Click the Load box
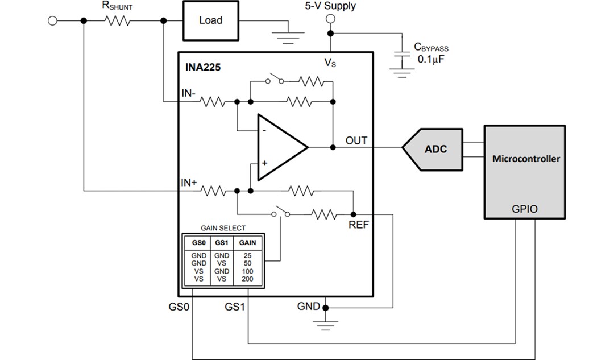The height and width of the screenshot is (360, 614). click(210, 20)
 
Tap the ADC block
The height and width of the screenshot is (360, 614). click(435, 149)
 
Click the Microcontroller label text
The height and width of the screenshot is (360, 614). click(525, 159)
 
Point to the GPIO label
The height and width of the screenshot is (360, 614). click(525, 209)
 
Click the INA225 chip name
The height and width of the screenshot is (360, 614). click(203, 67)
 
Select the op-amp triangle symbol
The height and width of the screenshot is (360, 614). click(280, 147)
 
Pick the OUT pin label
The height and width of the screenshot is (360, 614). click(356, 140)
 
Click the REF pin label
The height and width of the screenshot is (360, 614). click(359, 225)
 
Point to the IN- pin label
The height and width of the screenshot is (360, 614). click(189, 92)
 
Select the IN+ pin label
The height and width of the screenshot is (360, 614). click(189, 183)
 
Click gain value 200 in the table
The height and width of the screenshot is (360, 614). click(247, 279)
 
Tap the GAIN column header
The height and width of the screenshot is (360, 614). click(247, 242)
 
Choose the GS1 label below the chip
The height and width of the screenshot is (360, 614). click(235, 307)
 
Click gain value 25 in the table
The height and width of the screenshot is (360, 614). click(247, 256)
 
